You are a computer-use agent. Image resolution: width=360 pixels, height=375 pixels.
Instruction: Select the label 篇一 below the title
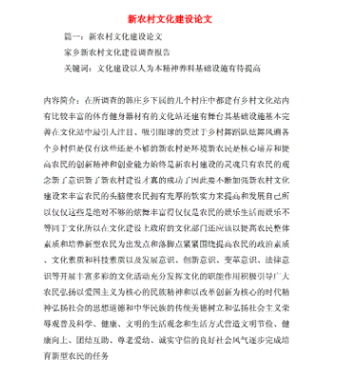73,41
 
